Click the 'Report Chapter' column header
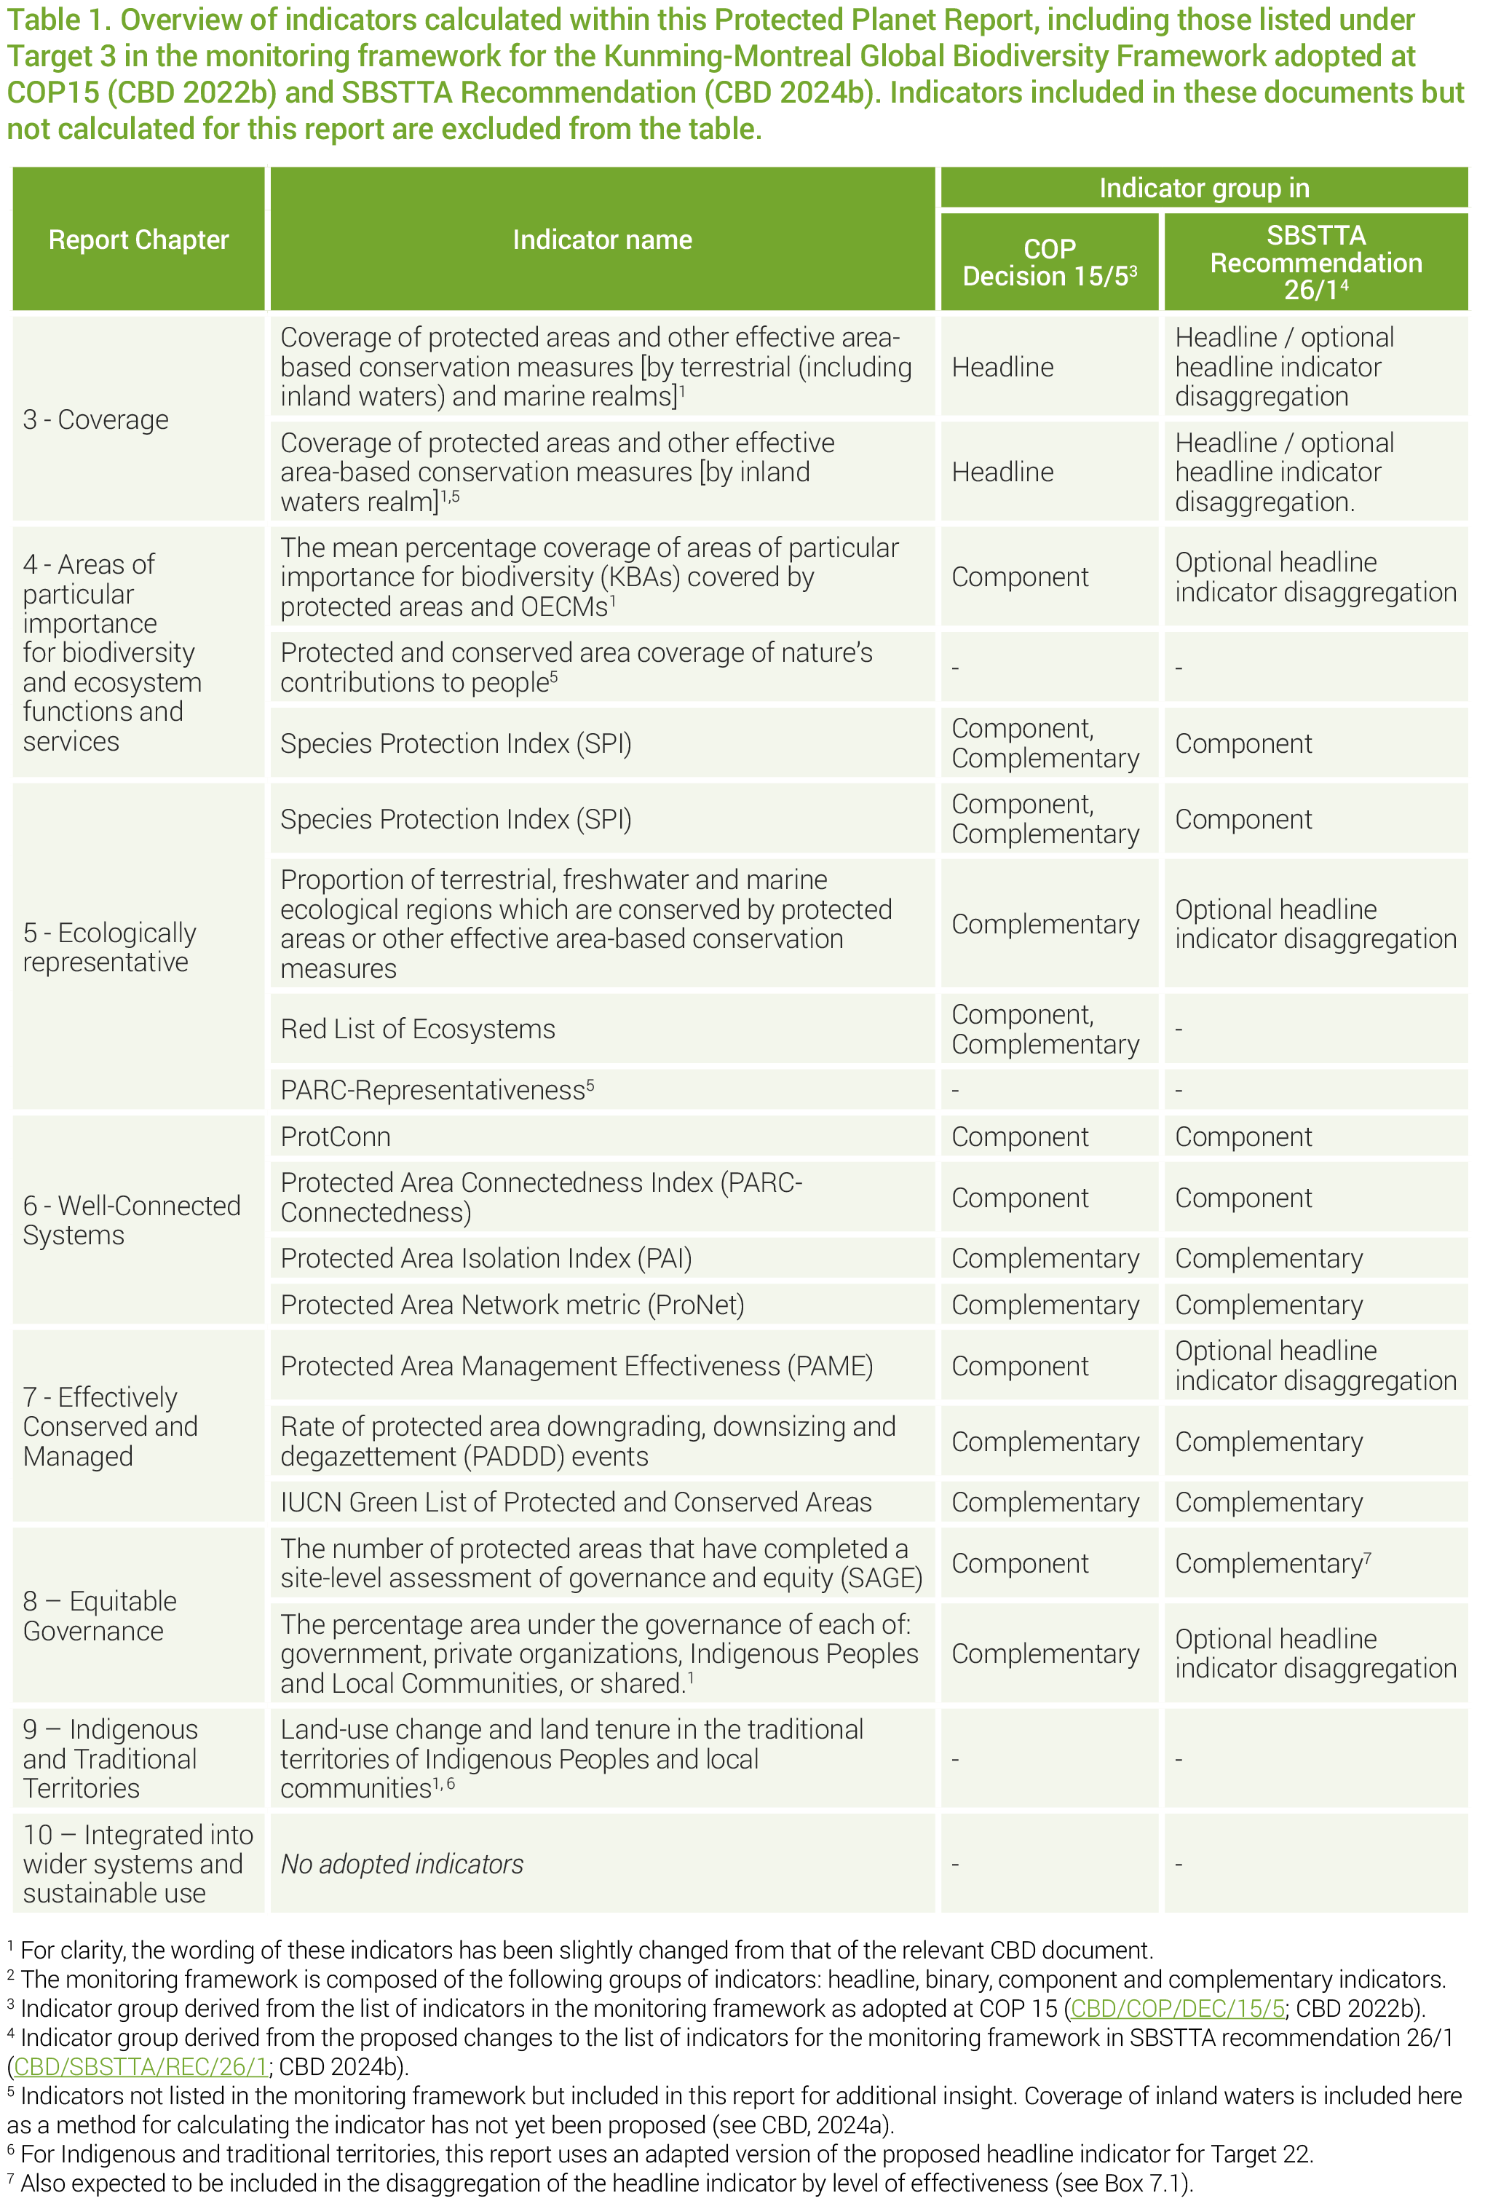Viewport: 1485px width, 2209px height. pyautogui.click(x=138, y=240)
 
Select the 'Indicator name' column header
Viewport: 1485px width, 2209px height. pyautogui.click(x=601, y=240)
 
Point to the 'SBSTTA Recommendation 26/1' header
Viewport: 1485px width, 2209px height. pyautogui.click(x=1315, y=261)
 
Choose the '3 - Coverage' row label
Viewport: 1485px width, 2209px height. pyautogui.click(x=95, y=419)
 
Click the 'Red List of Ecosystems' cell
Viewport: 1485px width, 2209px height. pyautogui.click(x=418, y=1028)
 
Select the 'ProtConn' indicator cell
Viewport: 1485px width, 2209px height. pyautogui.click(x=336, y=1136)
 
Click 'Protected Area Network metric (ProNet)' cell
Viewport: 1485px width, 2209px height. pyautogui.click(x=512, y=1305)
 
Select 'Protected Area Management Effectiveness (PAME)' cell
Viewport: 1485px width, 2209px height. pyautogui.click(x=576, y=1365)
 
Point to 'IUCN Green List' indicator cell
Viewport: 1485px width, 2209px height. pyautogui.click(x=575, y=1501)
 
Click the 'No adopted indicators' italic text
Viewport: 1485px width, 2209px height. pyautogui.click(x=402, y=1863)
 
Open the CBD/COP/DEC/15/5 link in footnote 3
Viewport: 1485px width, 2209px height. pyautogui.click(x=1176, y=2007)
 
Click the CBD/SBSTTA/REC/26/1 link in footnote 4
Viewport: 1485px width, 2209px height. pyautogui.click(x=140, y=2066)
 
